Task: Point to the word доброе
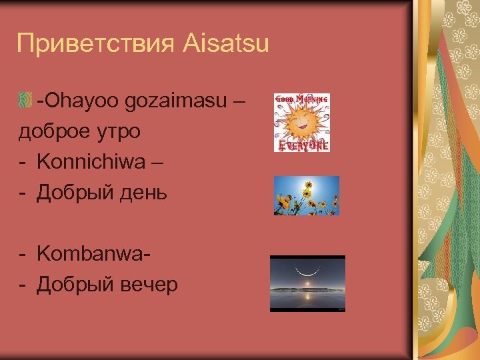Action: tap(53, 131)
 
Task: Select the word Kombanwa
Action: tap(91, 253)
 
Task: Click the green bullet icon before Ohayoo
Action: tap(27, 101)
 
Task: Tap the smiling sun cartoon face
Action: tap(301, 122)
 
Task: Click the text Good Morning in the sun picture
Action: tap(302, 99)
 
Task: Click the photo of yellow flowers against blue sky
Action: tap(306, 195)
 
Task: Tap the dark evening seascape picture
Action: tap(307, 283)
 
